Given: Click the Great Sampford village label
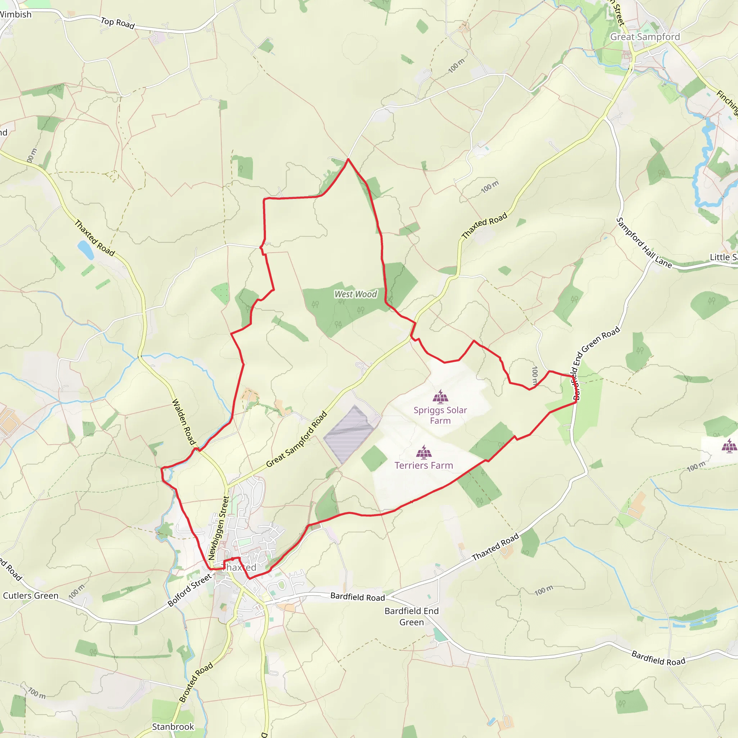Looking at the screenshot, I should (645, 37).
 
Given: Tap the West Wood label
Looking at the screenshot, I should (355, 294).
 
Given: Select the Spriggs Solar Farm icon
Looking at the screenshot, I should (440, 397).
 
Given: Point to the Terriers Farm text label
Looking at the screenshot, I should (424, 465).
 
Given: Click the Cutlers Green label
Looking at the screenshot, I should (31, 596).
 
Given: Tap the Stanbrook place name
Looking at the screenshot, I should (173, 726).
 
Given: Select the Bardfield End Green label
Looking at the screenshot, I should (412, 617).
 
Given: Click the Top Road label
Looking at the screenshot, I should (117, 23).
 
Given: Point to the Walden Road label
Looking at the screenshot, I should (184, 422).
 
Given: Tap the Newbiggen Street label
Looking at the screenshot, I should (219, 528).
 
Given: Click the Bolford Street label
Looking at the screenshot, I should (190, 590).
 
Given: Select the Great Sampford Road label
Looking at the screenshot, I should (297, 439).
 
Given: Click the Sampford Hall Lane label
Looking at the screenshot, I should (644, 243).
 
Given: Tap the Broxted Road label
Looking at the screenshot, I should (196, 683).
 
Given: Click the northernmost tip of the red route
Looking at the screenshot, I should (348, 159).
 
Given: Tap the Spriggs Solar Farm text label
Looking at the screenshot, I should (440, 415).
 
